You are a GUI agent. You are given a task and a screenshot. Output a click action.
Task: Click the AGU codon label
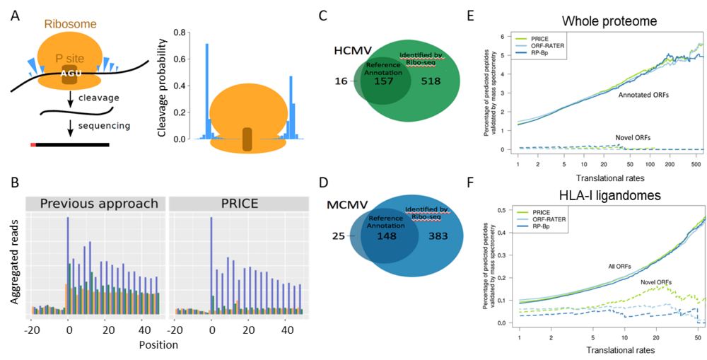click(69, 71)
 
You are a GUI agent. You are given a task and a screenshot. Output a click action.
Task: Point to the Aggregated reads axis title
click(16, 259)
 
